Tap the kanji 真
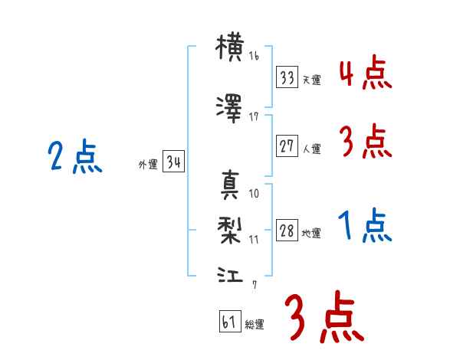tap(230, 184)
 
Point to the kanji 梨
tap(230, 228)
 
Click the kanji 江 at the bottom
tap(230, 273)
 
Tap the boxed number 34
tap(173, 162)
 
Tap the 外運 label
tap(147, 165)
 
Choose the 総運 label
tap(254, 325)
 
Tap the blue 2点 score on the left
tap(74, 159)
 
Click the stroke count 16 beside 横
tap(254, 57)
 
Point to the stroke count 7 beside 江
tap(255, 285)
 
